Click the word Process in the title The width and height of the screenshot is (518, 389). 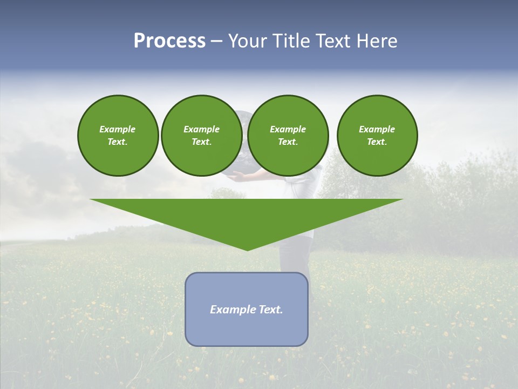[169, 41]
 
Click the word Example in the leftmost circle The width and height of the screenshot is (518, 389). [118, 129]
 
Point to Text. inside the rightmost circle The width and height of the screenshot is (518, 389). [377, 142]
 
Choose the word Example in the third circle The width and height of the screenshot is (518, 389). [288, 129]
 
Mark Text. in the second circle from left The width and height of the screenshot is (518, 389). [201, 142]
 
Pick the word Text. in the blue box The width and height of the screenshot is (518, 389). [271, 310]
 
